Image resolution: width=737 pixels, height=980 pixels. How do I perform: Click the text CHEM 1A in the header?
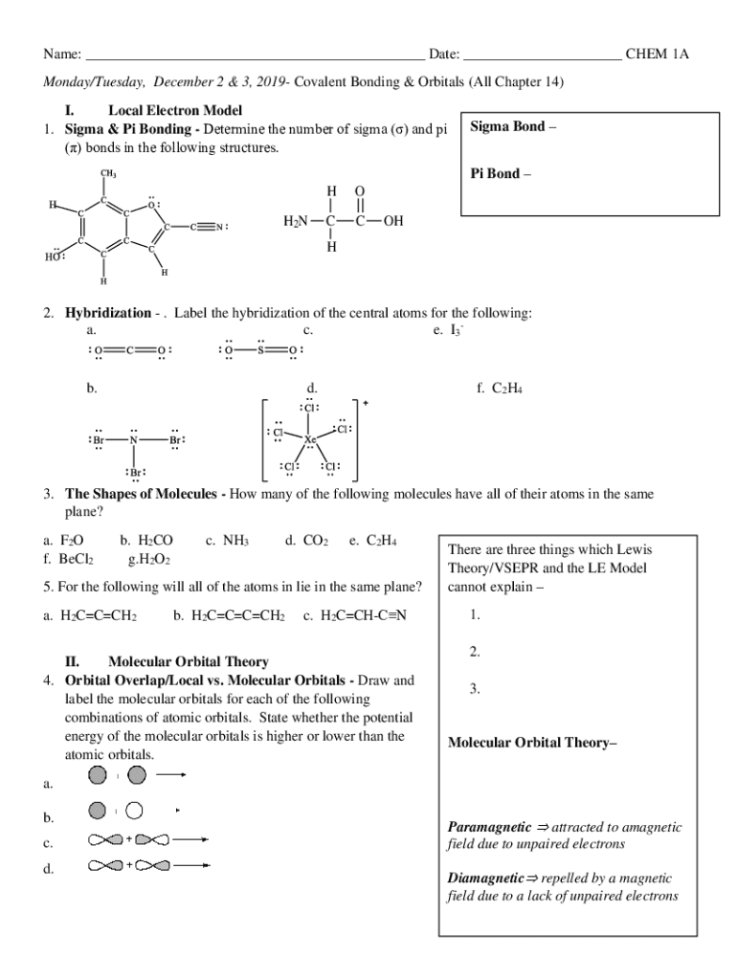tap(657, 55)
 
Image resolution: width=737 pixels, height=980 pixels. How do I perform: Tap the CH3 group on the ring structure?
tap(109, 173)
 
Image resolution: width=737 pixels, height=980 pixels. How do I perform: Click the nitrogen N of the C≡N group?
tap(219, 228)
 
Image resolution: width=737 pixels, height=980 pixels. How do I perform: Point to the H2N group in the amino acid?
tap(296, 222)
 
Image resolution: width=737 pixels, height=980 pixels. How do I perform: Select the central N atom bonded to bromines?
tap(135, 441)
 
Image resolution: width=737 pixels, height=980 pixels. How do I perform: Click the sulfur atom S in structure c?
tap(259, 350)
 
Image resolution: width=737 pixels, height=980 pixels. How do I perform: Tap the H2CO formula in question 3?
tap(156, 541)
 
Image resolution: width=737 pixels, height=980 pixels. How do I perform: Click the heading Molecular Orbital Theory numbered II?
tap(188, 661)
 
